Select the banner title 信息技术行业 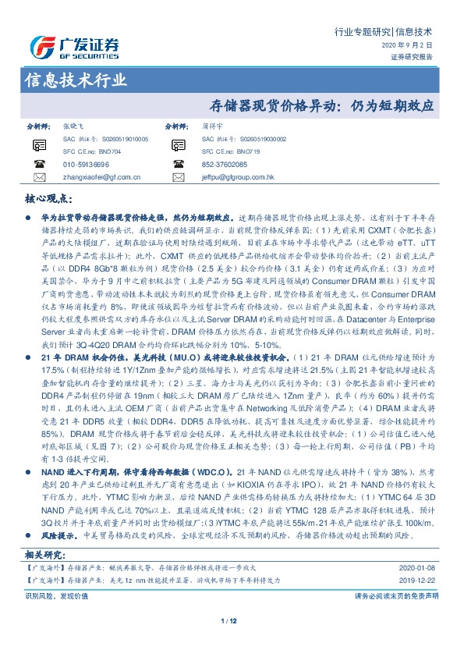76,80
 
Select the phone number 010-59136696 87,165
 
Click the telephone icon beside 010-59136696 40,165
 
